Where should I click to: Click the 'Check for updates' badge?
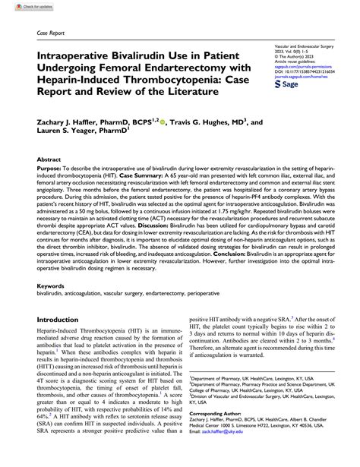(x=22, y=6)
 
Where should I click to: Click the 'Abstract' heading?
(x=50, y=161)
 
